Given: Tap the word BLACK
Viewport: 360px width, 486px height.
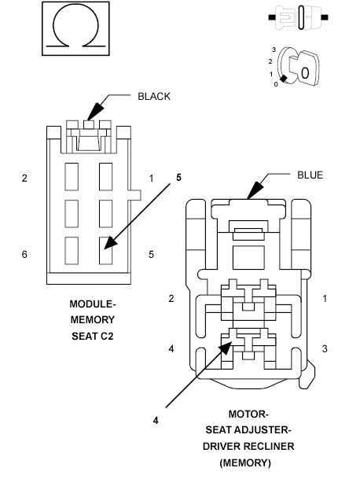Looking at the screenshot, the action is point(154,97).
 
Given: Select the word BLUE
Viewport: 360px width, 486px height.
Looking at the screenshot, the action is point(310,175).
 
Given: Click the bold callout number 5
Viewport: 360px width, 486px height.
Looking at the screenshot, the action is point(178,177).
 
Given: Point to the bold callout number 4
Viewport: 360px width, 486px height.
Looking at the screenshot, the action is point(156,420).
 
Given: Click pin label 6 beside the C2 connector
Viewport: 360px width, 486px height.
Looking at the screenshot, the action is point(24,254).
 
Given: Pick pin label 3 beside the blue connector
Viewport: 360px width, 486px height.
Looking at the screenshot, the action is point(325,348).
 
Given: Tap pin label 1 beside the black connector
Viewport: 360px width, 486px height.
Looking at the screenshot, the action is point(151,179).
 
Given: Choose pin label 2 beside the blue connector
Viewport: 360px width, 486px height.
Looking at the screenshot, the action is point(171,299).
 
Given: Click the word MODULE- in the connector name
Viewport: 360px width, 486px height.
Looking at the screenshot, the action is point(93,304).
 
